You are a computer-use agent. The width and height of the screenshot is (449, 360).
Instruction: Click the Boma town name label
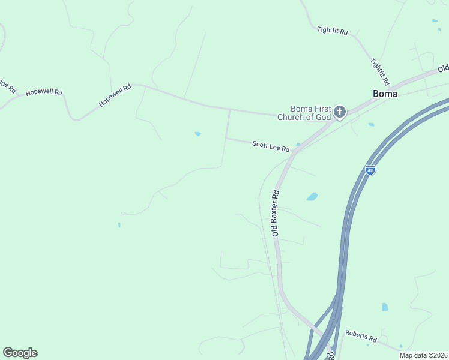(385, 94)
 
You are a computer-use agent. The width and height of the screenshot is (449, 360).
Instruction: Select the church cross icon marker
(340, 112)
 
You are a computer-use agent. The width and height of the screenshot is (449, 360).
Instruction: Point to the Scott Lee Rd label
(271, 146)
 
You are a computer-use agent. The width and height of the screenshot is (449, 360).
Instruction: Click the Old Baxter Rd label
(277, 213)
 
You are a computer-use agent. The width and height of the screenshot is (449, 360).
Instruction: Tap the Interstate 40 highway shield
(370, 170)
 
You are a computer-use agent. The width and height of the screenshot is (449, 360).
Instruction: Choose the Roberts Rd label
(360, 335)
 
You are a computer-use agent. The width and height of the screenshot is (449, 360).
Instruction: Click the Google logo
(20, 353)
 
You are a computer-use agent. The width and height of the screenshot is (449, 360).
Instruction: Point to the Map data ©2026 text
(423, 355)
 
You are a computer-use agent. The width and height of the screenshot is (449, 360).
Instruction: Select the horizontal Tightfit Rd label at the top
(332, 30)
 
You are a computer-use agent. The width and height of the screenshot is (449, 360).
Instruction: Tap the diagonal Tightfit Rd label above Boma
(381, 71)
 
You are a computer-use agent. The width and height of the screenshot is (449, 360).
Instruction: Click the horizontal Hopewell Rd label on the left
(44, 92)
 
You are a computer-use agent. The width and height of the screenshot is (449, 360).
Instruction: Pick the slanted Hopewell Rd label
(115, 96)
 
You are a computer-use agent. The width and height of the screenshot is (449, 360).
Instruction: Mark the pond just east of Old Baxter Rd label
(312, 196)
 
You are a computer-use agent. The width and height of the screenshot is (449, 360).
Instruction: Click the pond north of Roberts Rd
(385, 307)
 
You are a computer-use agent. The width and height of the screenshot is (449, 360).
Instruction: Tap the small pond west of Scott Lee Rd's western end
(197, 134)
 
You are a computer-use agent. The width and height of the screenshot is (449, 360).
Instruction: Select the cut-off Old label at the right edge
(444, 68)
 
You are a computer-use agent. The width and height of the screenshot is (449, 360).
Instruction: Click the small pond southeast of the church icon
(371, 125)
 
